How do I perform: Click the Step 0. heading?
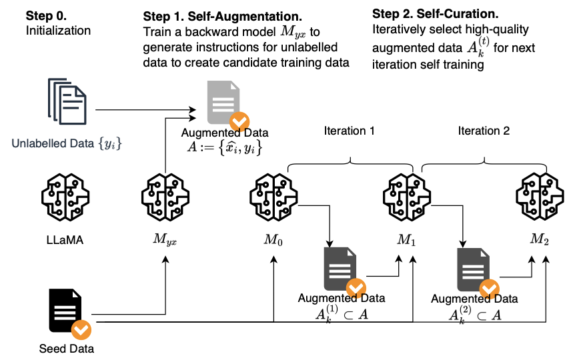coord(47,15)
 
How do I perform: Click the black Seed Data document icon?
coord(65,311)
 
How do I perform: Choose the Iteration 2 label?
coord(483,131)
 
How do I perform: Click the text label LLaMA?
coord(65,238)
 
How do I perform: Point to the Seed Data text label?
coord(65,348)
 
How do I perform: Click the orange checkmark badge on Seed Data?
coord(81,329)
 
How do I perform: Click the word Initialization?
coord(58,30)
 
